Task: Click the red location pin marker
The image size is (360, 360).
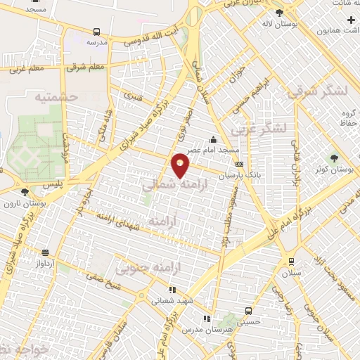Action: [x=181, y=165]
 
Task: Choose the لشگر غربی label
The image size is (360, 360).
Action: [x=262, y=129]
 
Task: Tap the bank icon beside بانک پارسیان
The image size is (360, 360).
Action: [x=239, y=164]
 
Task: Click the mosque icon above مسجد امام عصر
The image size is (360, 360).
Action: [x=214, y=139]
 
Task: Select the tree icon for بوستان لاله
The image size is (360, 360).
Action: [x=279, y=13]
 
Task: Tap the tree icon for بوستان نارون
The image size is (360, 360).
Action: [x=25, y=191]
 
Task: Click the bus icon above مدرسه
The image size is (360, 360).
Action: [x=97, y=32]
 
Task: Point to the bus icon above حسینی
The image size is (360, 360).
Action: [x=248, y=311]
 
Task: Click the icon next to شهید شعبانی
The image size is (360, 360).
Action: [x=172, y=290]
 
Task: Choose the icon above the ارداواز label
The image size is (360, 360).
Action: [x=45, y=252]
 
